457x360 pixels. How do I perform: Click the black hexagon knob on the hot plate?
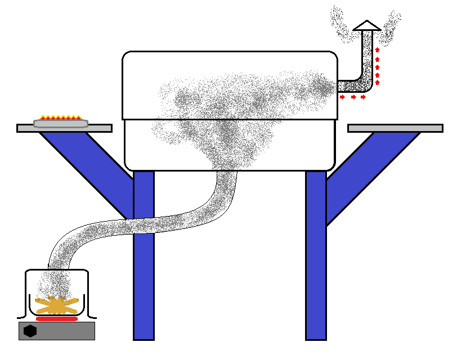tap(30, 331)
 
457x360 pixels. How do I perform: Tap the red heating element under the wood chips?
tap(56, 318)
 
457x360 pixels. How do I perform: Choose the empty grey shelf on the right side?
tap(395, 128)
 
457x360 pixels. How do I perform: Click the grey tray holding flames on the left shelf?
tap(61, 123)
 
